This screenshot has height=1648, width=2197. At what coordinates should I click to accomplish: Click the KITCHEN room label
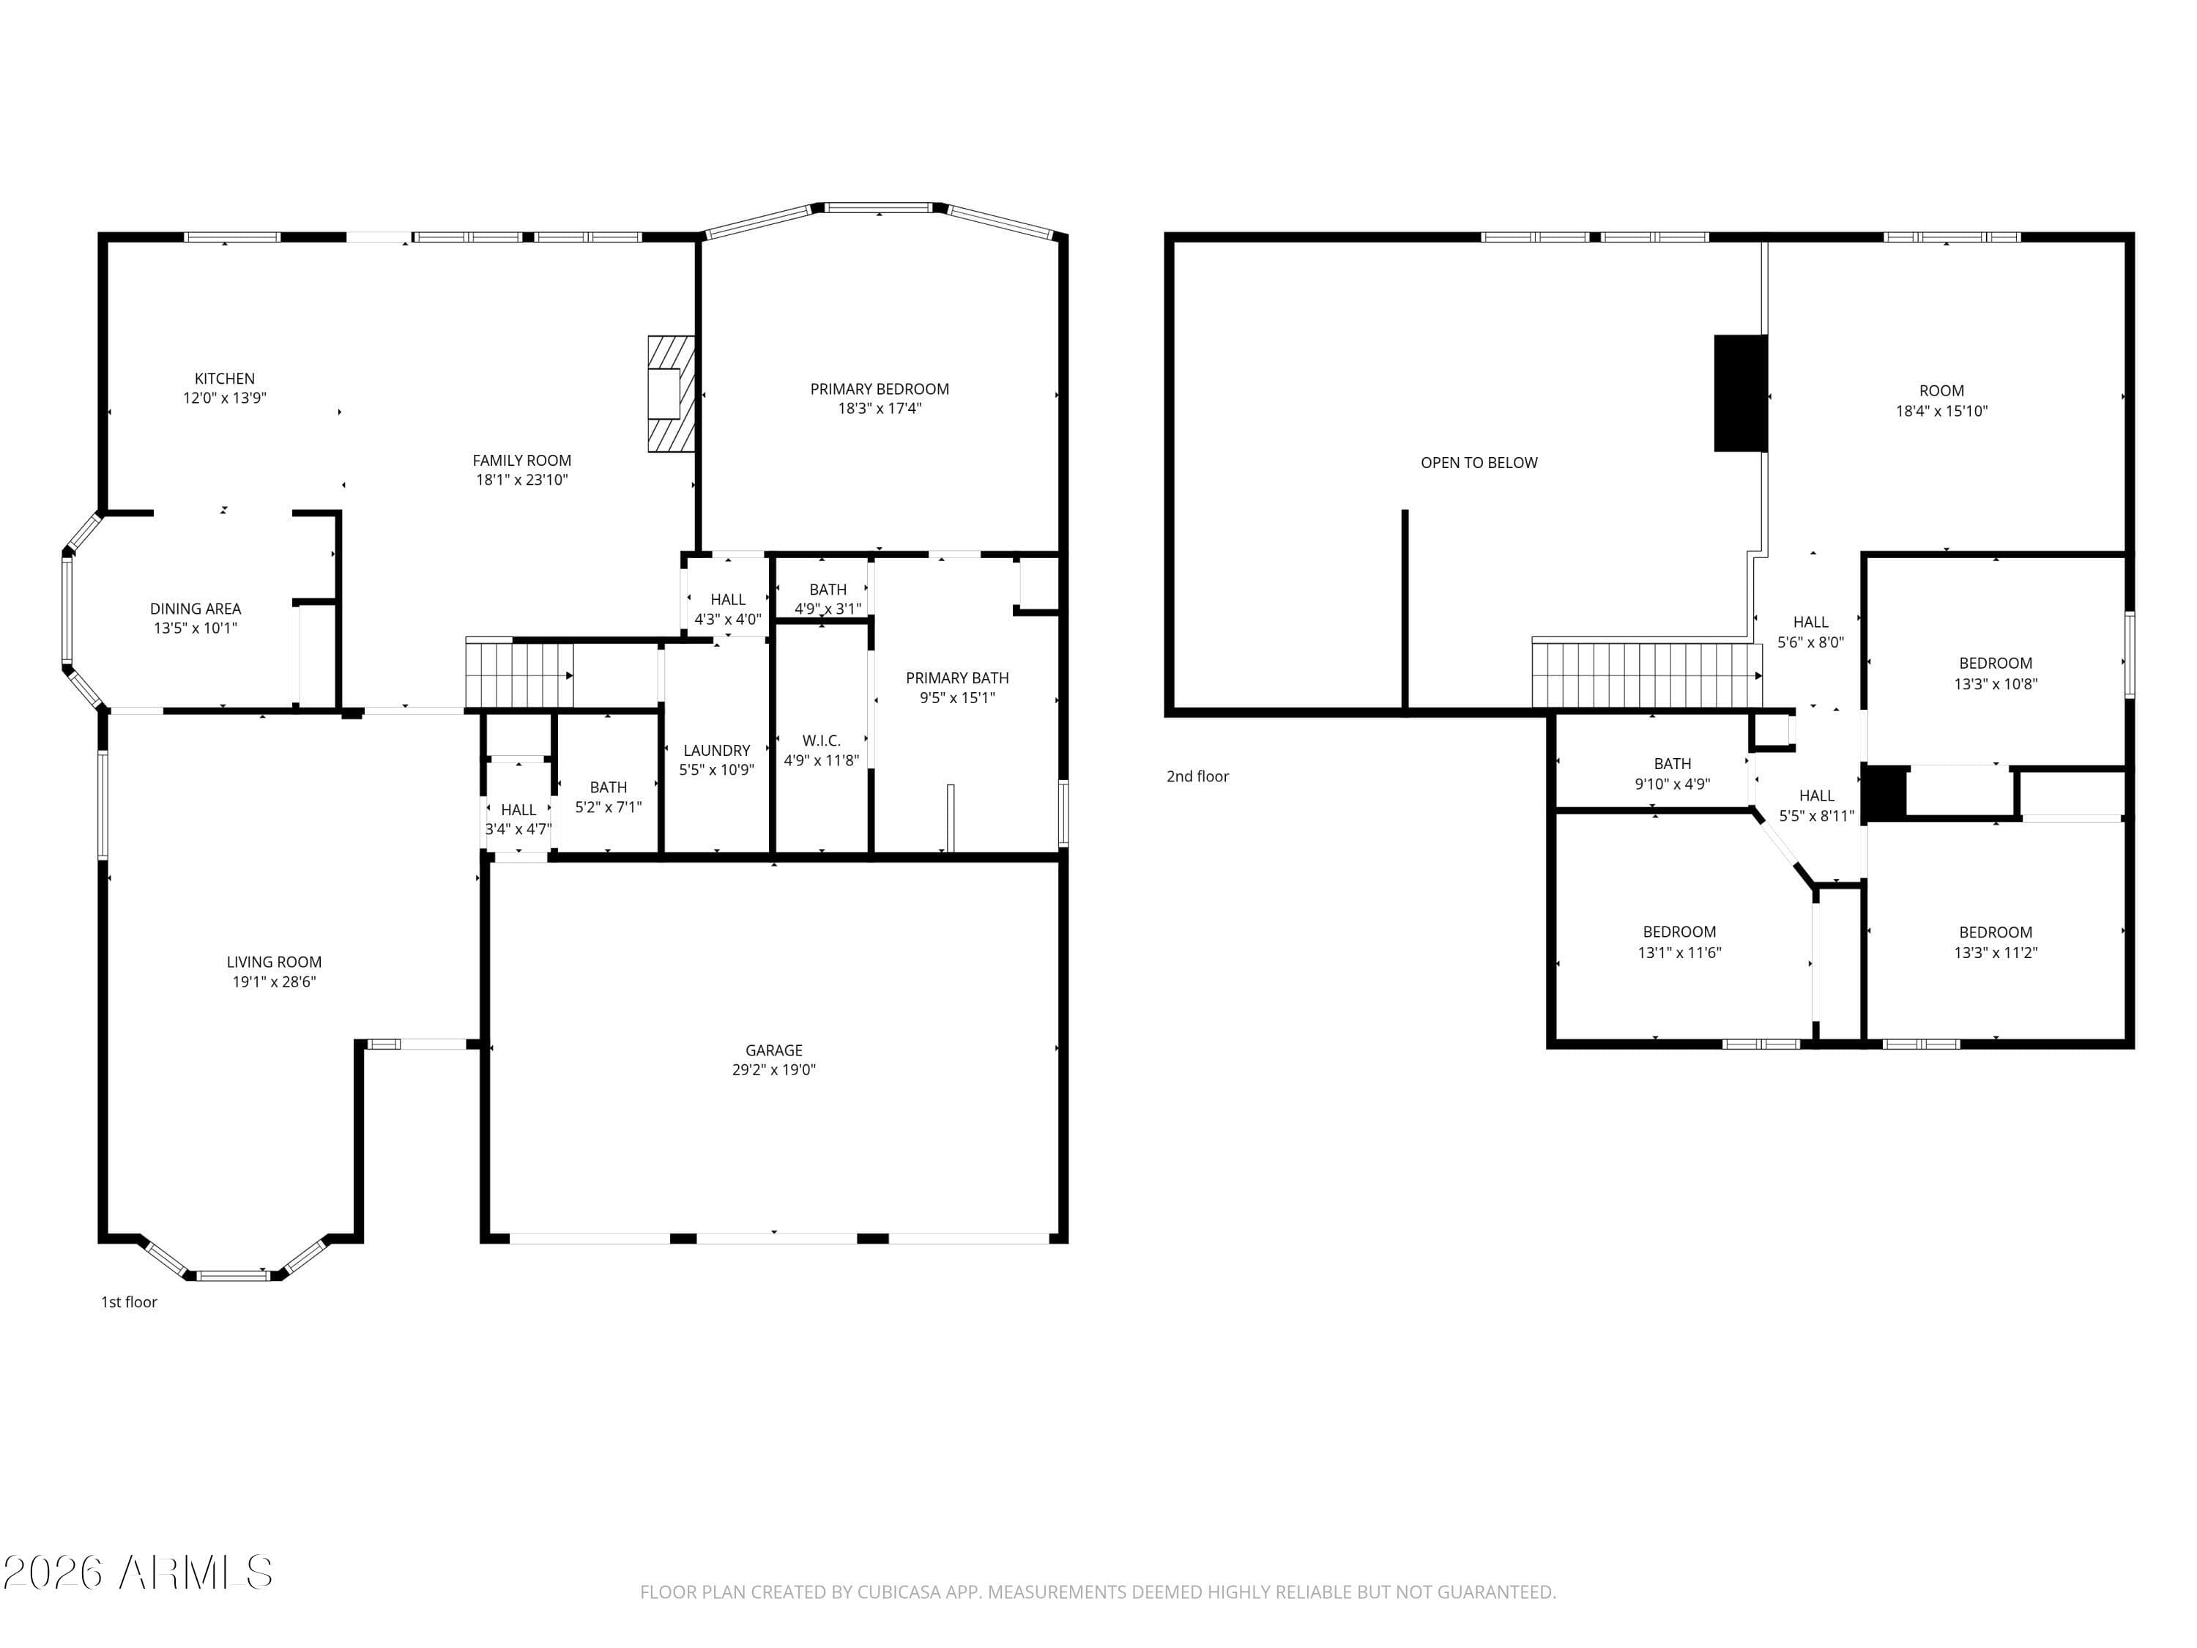(225, 379)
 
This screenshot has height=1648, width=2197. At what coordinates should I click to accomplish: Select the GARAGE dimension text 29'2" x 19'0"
(774, 1070)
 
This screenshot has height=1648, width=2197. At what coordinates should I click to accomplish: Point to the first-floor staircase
(518, 675)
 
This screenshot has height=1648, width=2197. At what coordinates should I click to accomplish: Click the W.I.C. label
(822, 741)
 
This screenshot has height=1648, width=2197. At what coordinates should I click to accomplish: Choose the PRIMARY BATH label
(956, 678)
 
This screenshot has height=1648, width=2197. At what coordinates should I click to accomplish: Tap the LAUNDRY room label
(716, 751)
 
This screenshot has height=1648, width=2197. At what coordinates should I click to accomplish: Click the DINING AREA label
(196, 609)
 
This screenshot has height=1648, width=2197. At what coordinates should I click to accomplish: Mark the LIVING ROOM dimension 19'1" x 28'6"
(274, 982)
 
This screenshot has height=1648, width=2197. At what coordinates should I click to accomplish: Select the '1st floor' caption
(129, 1302)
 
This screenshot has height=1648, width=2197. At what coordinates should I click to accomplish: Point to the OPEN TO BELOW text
(1478, 463)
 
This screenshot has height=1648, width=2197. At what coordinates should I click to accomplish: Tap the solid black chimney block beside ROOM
(1740, 393)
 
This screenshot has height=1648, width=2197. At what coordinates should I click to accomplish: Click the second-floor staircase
(1644, 675)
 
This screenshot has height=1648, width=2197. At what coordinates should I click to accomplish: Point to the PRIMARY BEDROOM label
(879, 390)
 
